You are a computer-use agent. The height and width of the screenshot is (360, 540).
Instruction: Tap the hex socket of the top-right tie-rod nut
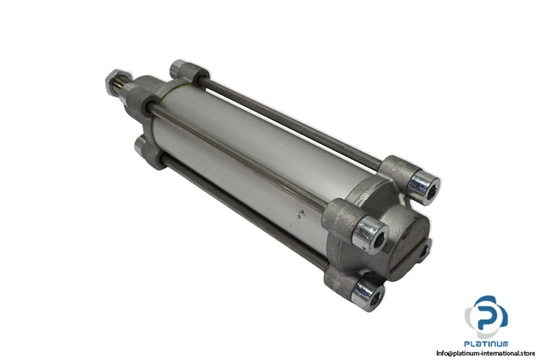click(x=428, y=190)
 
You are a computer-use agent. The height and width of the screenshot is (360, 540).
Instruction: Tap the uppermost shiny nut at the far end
click(x=177, y=68)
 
